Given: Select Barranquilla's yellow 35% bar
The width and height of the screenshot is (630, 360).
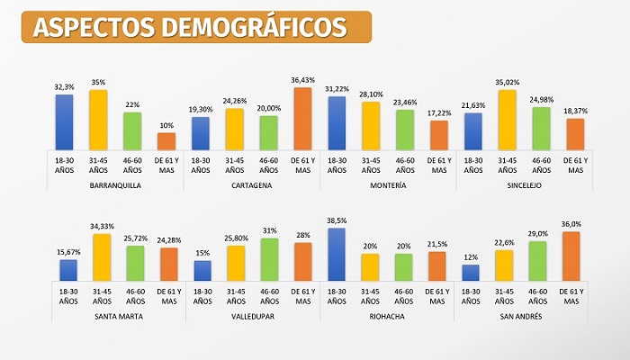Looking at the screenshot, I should (x=97, y=119).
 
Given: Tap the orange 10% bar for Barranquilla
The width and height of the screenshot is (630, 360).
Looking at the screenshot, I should (x=166, y=140).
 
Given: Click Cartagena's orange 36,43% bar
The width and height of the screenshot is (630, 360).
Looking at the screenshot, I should (x=302, y=118).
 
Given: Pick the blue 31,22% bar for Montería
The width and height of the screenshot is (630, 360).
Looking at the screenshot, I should (x=337, y=121).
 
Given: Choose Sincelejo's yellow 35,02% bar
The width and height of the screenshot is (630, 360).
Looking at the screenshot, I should (x=508, y=119).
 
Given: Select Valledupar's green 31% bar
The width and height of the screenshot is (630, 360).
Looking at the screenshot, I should (x=268, y=258).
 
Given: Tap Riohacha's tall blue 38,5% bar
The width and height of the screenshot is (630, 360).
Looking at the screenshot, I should (x=337, y=254).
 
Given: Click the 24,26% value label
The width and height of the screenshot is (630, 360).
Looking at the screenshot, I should (x=234, y=100).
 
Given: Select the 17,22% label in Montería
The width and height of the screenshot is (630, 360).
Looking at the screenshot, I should (x=439, y=113).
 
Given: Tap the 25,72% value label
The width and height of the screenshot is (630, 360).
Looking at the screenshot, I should (x=133, y=238).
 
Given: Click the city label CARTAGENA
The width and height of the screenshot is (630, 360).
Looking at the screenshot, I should (x=251, y=185).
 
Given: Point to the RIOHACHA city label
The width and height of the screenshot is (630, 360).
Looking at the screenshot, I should (x=388, y=316).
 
